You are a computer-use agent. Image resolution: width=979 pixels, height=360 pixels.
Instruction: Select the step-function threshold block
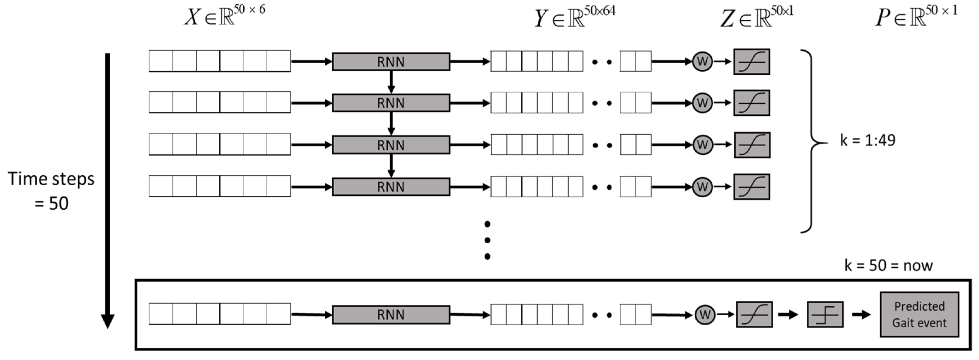(x=825, y=314)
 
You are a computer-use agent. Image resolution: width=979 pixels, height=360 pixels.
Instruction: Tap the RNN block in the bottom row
(x=391, y=315)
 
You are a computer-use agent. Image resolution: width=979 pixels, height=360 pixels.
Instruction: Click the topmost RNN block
(x=391, y=61)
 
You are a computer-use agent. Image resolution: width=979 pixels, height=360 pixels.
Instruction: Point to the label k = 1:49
(x=867, y=141)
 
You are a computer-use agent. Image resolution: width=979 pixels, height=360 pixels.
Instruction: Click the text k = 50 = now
(x=888, y=265)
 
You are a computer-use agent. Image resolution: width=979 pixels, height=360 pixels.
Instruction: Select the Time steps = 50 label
(x=51, y=191)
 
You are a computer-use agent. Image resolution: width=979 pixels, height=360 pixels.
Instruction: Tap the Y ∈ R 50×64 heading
(x=575, y=17)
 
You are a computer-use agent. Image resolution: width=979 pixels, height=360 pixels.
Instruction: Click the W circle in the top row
(x=702, y=61)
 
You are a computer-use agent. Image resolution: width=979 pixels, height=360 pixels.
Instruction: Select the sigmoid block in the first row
(x=751, y=61)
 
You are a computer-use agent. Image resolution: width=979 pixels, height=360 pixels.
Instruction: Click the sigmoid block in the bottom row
(x=754, y=314)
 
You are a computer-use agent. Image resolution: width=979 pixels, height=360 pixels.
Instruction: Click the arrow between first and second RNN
(x=391, y=82)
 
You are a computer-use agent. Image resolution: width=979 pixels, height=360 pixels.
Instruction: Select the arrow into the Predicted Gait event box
(x=861, y=315)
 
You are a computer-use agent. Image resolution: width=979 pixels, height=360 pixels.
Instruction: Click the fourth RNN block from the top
(x=391, y=187)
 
